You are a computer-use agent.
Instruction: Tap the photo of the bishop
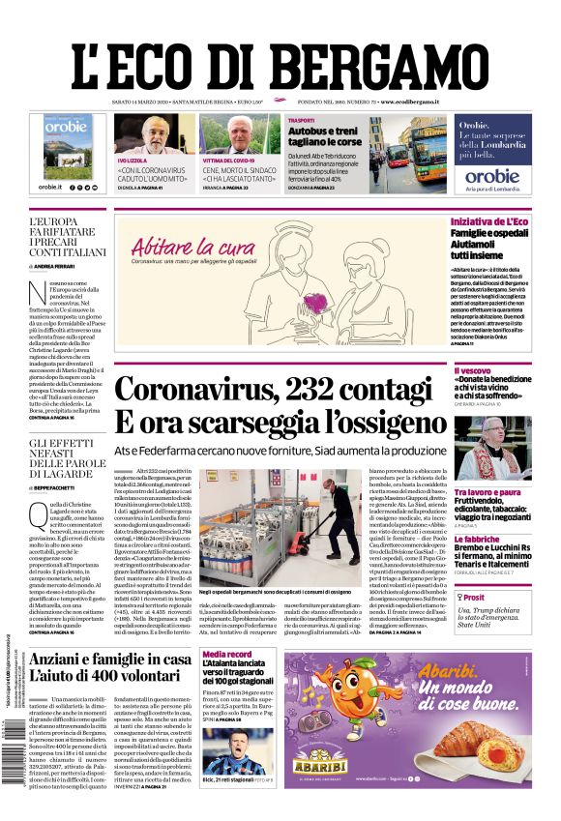492,448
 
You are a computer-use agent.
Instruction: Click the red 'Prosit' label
473,598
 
